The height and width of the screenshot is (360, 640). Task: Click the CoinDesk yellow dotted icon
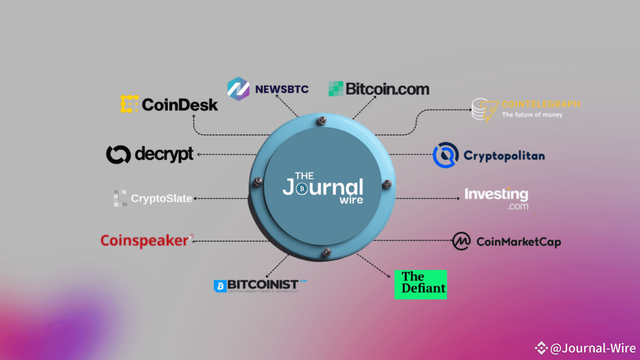[129, 103]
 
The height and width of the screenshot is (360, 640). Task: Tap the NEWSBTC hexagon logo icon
[238, 89]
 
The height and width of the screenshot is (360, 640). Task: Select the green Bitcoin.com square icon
[336, 89]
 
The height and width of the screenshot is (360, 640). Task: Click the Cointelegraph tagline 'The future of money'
[532, 115]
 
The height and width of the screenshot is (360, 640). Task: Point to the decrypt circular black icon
[118, 154]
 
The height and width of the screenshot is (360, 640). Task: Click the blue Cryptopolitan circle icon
[445, 155]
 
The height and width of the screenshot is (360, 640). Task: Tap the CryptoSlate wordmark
[161, 198]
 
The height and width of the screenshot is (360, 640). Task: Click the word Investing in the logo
[496, 194]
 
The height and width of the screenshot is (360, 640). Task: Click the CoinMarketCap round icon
[461, 241]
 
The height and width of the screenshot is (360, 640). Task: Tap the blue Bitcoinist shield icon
[220, 286]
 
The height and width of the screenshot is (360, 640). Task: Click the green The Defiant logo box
[420, 284]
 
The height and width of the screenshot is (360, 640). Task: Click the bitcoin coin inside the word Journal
[301, 189]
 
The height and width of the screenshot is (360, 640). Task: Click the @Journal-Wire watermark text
[592, 348]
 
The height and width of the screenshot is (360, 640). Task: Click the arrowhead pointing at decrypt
[198, 154]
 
